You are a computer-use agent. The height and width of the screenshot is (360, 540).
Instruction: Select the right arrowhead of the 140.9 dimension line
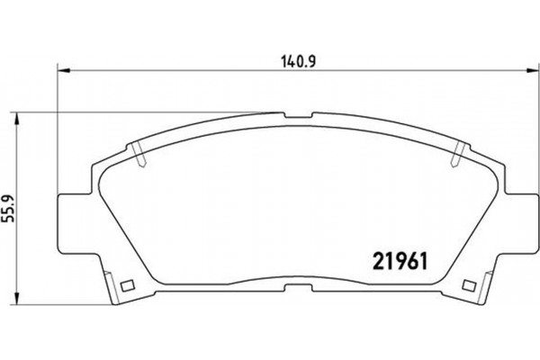click(x=531, y=74)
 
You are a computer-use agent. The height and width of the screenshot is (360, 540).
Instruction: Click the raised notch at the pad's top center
click(x=296, y=114)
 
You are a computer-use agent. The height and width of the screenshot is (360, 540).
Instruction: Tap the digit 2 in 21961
click(x=377, y=258)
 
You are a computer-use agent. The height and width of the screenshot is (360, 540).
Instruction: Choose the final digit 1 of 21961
click(x=422, y=258)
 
